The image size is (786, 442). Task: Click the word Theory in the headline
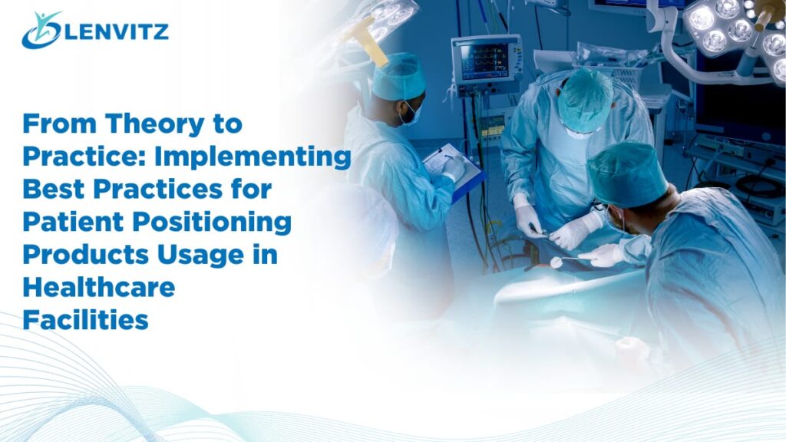point(153,124)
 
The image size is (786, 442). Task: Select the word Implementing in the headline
point(253,157)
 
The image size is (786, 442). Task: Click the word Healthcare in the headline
point(99,287)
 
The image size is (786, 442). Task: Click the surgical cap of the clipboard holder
point(398,77)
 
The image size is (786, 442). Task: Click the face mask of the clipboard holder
point(412,115)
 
